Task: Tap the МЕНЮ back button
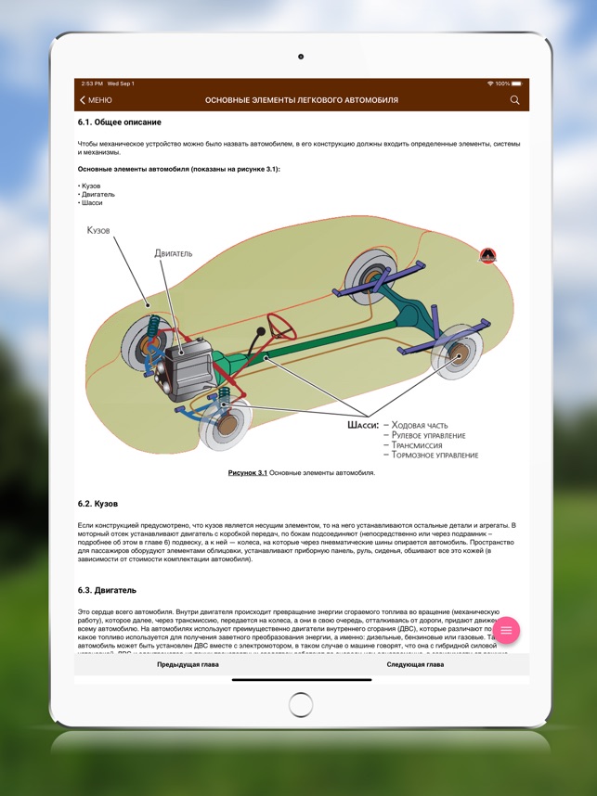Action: tap(97, 100)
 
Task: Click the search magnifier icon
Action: tap(515, 100)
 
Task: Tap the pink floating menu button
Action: tap(506, 631)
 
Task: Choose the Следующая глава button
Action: tap(414, 665)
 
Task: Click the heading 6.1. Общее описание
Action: tap(120, 122)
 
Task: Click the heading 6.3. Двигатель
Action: tap(109, 590)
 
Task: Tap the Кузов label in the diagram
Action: tap(98, 229)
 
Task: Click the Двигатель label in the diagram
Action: tap(175, 252)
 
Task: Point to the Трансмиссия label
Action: tap(422, 444)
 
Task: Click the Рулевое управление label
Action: tap(428, 434)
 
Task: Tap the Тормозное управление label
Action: tap(435, 456)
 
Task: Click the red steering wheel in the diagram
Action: tap(280, 326)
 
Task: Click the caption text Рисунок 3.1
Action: tap(248, 473)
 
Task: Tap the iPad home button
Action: tap(301, 705)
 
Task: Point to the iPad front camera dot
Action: tap(301, 57)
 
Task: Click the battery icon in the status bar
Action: tap(516, 83)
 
